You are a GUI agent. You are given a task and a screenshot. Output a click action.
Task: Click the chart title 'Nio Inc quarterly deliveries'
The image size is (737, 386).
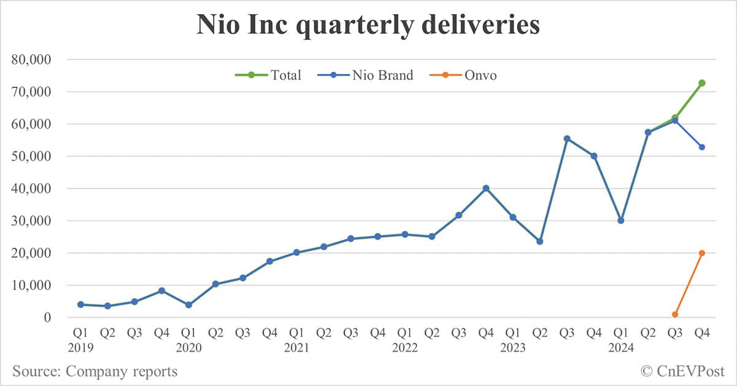368,26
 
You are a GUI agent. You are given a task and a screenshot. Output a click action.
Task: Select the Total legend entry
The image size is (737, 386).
268,76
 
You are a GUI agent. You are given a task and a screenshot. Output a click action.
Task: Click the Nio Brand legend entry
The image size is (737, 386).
365,76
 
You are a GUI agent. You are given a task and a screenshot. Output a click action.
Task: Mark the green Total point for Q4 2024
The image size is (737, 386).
701,83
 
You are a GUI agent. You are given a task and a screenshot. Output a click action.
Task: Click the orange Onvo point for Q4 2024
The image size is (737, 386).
701,253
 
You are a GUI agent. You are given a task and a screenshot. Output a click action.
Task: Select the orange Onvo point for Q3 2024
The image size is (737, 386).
675,314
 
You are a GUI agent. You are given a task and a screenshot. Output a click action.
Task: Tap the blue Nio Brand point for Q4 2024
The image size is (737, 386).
701,147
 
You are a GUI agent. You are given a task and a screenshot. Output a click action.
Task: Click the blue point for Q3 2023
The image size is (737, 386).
567,139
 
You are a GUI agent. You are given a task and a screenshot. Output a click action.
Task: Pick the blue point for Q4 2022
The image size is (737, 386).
486,189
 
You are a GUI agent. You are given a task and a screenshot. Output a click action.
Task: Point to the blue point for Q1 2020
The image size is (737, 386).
189,305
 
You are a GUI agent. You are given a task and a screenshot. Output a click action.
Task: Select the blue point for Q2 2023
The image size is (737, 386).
540,242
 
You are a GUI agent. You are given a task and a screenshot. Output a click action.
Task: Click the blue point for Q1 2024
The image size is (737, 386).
621,220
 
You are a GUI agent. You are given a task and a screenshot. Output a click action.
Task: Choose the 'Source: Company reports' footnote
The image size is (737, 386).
95,371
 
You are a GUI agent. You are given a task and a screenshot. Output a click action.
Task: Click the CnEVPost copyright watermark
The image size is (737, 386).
682,371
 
